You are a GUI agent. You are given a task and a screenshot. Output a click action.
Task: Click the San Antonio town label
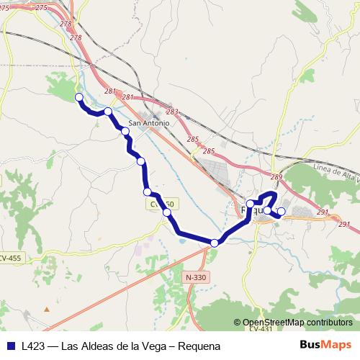point(150,122)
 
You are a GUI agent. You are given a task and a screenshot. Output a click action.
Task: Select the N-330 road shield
point(194,277)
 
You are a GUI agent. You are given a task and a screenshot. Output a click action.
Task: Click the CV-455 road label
point(9,258)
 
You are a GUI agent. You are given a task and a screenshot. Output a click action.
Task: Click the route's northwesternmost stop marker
point(79,98)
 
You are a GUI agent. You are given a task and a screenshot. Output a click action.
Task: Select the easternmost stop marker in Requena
point(282,211)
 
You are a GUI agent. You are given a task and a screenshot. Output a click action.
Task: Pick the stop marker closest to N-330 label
point(215,243)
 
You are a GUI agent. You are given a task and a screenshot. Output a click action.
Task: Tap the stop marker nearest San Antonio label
point(125,131)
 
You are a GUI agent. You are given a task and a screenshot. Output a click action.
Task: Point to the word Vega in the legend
point(155,346)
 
